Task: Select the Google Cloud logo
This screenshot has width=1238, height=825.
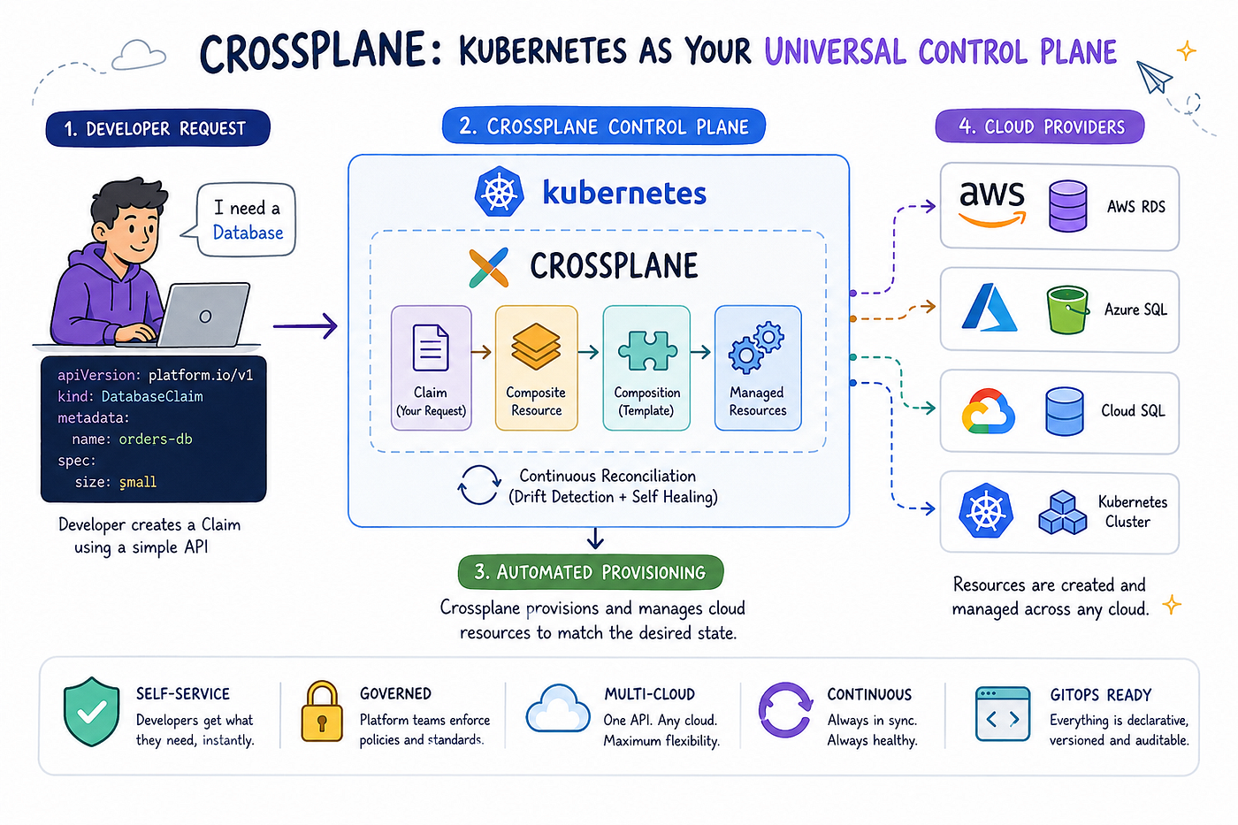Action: click(x=989, y=411)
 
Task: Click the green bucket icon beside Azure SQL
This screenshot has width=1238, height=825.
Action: click(x=1068, y=310)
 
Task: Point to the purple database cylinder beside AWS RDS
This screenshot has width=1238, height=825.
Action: click(x=1068, y=206)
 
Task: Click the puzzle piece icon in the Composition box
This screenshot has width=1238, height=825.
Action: click(x=647, y=350)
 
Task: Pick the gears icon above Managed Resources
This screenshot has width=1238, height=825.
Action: click(x=756, y=348)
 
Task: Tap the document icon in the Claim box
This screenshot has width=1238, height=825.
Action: click(x=431, y=348)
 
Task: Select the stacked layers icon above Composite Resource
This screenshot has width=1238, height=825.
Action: click(x=536, y=347)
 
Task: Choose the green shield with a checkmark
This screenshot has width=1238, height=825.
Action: click(x=92, y=712)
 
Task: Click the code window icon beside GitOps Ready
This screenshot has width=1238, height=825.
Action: click(x=1003, y=714)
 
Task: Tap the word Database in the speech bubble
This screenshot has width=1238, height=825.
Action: click(x=248, y=233)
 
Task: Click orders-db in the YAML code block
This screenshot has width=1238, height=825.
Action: click(x=156, y=439)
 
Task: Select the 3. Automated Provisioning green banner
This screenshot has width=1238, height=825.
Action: click(x=591, y=572)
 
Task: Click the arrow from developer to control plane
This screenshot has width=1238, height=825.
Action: click(x=305, y=326)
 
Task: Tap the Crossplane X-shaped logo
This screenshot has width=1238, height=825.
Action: click(x=488, y=268)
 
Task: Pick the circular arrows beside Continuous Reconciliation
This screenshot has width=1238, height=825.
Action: click(x=478, y=485)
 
